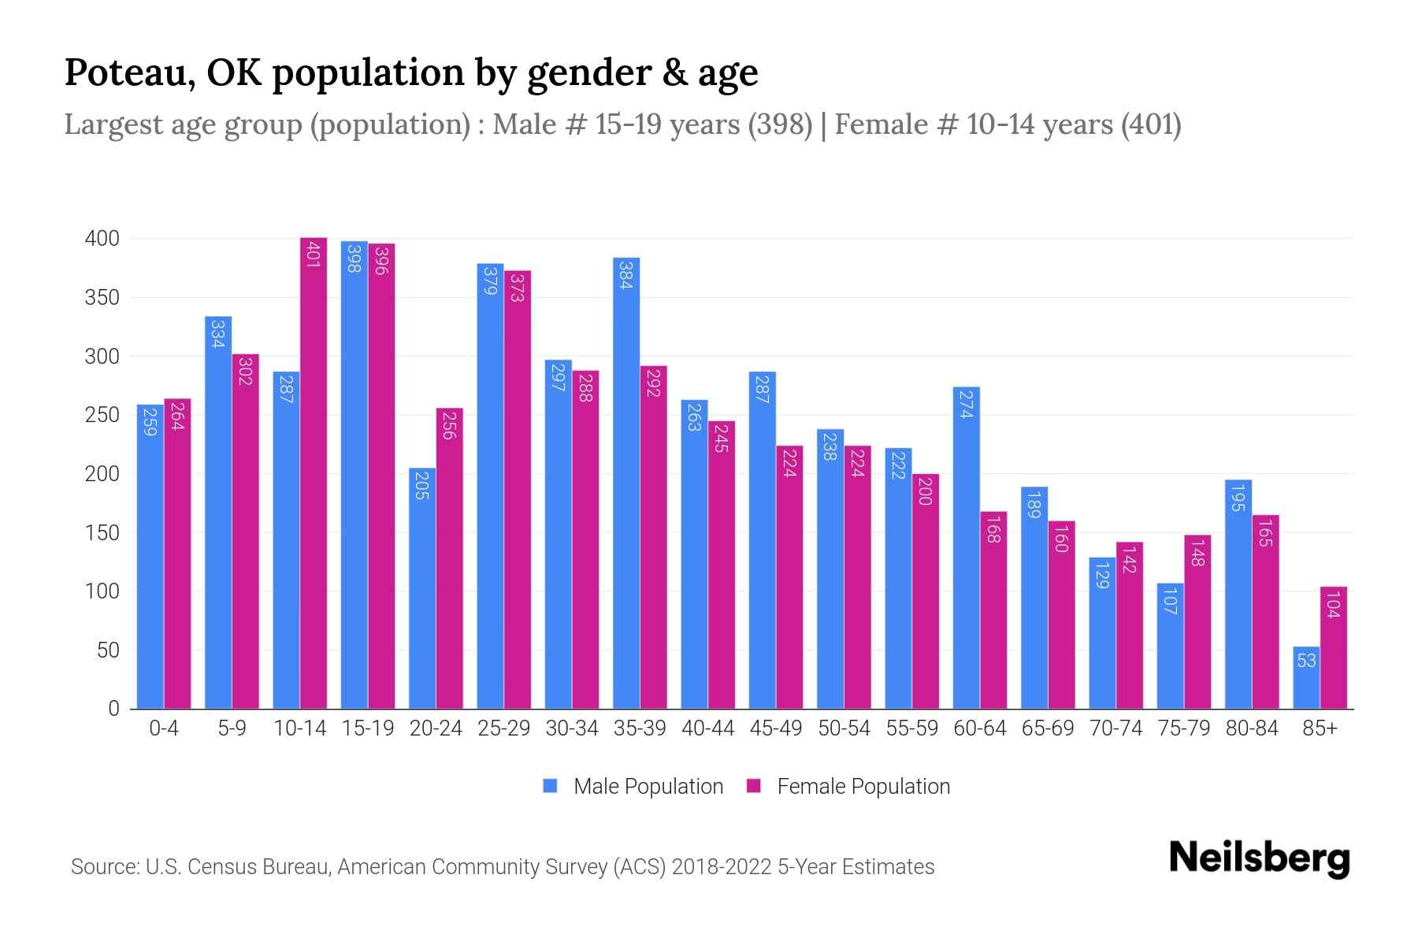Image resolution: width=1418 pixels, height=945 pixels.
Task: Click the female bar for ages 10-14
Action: (x=314, y=472)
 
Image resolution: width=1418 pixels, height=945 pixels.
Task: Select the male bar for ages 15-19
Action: (x=354, y=472)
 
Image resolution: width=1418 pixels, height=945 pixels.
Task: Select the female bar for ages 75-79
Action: (x=1197, y=622)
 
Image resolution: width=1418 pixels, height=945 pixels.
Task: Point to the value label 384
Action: (x=625, y=275)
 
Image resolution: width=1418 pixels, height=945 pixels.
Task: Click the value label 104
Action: (x=1333, y=604)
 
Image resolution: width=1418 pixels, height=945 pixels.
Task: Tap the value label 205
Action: (x=421, y=485)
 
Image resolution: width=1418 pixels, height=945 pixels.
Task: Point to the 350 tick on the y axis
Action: (x=102, y=298)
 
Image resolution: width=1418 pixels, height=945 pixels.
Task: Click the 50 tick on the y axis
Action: (x=107, y=650)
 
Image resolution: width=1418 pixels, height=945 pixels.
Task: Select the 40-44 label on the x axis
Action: (x=707, y=728)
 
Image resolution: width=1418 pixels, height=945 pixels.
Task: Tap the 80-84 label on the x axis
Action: (x=1252, y=728)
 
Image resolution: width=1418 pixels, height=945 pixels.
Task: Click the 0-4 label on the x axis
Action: (x=164, y=728)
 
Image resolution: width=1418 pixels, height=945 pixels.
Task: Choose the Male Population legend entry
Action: (x=648, y=787)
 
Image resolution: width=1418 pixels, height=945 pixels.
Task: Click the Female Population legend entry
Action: (x=863, y=787)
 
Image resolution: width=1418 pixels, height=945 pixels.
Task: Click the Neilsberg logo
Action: (x=1259, y=858)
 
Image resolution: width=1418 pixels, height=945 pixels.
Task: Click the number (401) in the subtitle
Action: (x=1150, y=125)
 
